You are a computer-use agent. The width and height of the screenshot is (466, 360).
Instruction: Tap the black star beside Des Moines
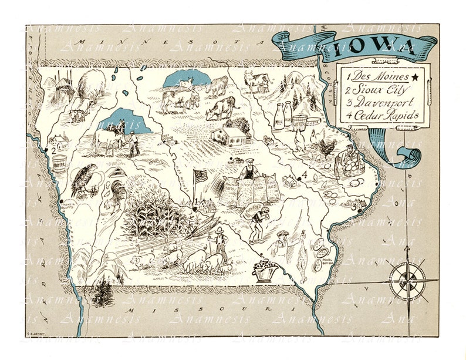pyautogui.click(x=416, y=76)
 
